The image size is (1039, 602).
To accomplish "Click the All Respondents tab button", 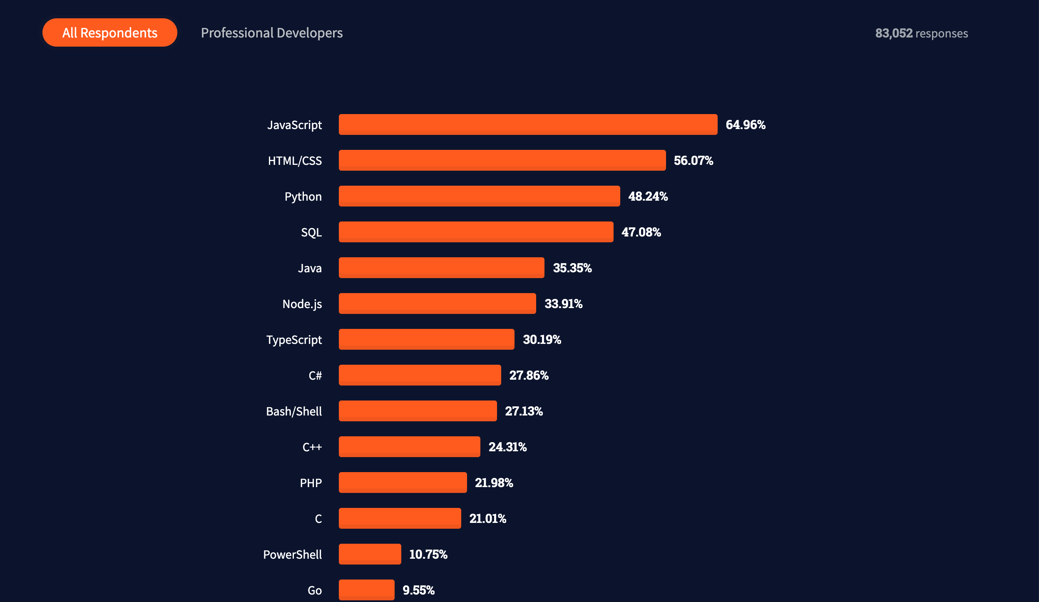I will (110, 32).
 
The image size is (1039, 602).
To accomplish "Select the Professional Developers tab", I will (272, 33).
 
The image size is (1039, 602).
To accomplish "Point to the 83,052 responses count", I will (921, 33).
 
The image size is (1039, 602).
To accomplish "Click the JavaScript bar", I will (528, 124).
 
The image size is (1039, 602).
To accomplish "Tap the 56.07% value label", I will (693, 161).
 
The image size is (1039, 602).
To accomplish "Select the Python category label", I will (303, 197).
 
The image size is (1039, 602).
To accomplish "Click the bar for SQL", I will (476, 232).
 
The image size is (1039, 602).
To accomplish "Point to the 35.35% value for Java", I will (572, 268).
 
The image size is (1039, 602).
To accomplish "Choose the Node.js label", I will (302, 304).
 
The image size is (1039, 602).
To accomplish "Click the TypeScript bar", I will (426, 339).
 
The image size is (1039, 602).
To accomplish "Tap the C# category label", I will (315, 376).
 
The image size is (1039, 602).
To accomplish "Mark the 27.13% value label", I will (524, 411).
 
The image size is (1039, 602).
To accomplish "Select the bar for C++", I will (409, 447).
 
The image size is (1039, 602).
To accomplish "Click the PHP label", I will (311, 483).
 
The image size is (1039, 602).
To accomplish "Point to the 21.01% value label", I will (487, 519).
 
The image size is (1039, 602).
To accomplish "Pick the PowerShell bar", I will (370, 554).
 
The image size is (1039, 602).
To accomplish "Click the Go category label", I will (315, 590).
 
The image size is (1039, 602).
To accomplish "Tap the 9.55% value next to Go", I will (418, 590).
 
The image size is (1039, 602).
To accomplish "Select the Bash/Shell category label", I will (294, 411).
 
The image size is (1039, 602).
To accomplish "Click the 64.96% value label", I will (746, 125).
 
